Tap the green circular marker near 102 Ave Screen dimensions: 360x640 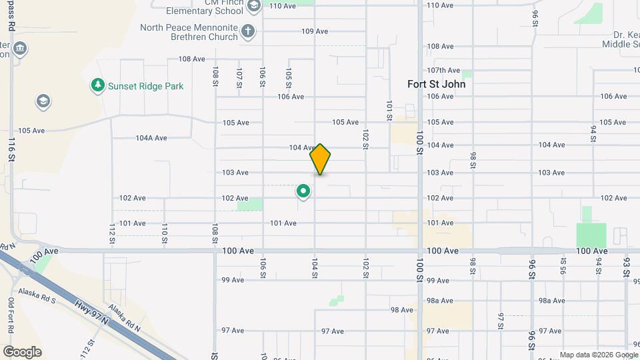point(303,192)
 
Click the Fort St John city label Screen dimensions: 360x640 point(436,85)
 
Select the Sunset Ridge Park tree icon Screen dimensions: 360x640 point(98,85)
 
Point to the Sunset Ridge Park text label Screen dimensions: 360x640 point(146,86)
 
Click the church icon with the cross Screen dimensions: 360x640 point(248,31)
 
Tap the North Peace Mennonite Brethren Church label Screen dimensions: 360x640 point(189,32)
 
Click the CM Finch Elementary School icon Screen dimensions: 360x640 point(253,7)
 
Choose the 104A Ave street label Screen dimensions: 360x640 point(151,138)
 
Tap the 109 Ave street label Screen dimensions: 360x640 point(315,31)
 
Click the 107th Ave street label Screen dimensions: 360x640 point(444,70)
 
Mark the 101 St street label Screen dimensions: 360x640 point(389,110)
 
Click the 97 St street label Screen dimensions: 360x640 point(500,320)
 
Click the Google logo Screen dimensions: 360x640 point(22,352)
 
